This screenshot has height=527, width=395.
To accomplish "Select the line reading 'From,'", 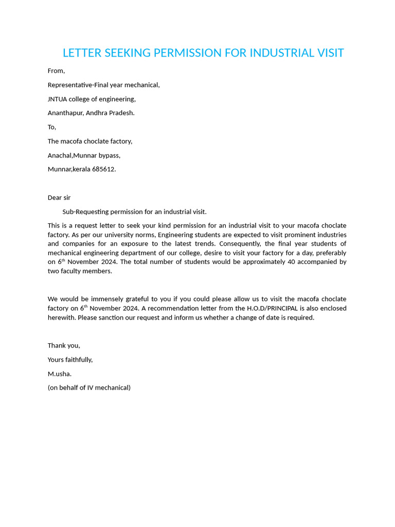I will (x=56, y=71).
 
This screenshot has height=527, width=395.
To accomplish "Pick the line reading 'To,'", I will (x=52, y=127).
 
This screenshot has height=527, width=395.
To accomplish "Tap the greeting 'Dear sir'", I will (x=59, y=198).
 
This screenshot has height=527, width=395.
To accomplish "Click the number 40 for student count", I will (x=292, y=262).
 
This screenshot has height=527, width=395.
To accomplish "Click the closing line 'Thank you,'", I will (x=64, y=345).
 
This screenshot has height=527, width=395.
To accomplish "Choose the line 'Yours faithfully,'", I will (x=70, y=360).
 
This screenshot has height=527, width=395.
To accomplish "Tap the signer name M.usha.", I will (x=60, y=374).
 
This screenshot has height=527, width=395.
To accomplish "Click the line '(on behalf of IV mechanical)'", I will (x=89, y=388).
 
